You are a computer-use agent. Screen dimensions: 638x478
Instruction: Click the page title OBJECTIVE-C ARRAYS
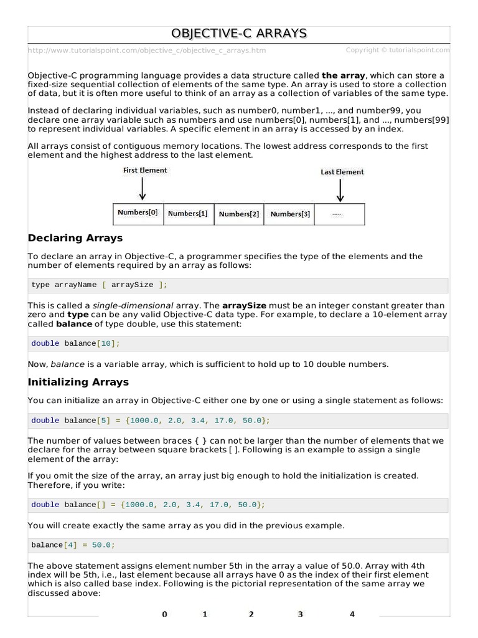(239, 33)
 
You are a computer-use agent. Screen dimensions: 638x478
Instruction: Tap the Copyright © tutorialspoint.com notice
(397, 50)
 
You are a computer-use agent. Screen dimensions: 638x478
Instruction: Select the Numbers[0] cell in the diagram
(138, 212)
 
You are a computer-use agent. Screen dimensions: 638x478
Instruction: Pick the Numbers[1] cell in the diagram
(188, 214)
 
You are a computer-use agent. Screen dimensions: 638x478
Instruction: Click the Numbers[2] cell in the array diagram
(239, 214)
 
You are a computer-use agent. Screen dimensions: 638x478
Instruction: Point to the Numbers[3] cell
(289, 214)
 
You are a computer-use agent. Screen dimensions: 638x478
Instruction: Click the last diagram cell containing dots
(339, 214)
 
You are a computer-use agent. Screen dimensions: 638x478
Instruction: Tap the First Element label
(145, 170)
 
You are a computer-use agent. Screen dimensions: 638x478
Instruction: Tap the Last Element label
(342, 172)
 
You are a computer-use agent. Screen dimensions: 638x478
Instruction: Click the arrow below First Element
(143, 188)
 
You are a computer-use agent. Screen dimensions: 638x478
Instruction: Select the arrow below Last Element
(340, 190)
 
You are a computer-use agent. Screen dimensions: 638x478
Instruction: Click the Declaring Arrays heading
(75, 238)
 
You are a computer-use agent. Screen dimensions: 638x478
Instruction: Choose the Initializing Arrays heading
(78, 382)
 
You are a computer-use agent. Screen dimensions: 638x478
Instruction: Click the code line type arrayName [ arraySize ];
(100, 285)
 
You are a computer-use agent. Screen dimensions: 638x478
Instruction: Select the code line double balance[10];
(75, 343)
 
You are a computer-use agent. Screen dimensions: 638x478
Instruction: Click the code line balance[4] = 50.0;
(73, 545)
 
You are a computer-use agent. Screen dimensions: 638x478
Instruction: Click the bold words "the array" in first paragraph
(344, 75)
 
